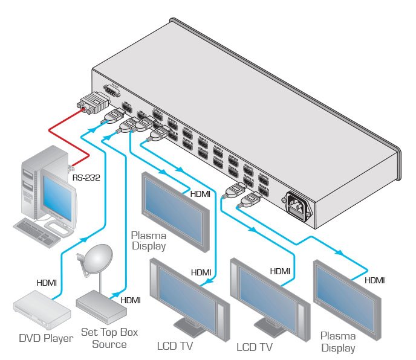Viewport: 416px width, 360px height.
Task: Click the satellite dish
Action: [x=95, y=259]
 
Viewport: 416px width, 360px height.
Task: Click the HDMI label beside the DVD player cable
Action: [x=47, y=282]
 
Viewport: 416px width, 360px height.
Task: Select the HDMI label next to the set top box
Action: [x=131, y=300]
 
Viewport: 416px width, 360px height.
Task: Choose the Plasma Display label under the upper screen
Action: [x=149, y=241]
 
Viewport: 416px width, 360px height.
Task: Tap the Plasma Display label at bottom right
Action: [x=338, y=341]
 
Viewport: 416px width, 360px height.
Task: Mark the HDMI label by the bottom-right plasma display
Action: [x=375, y=281]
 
